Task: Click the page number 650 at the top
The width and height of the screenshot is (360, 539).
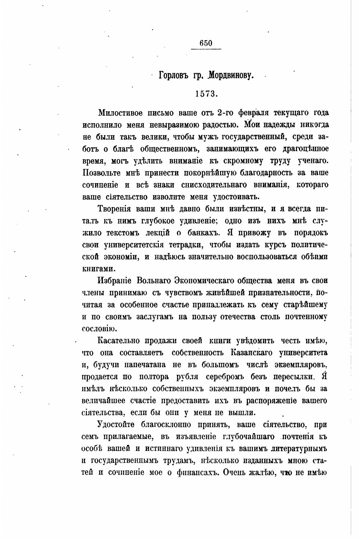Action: [206, 43]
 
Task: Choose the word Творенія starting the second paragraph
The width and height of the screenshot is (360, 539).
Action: [114, 209]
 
